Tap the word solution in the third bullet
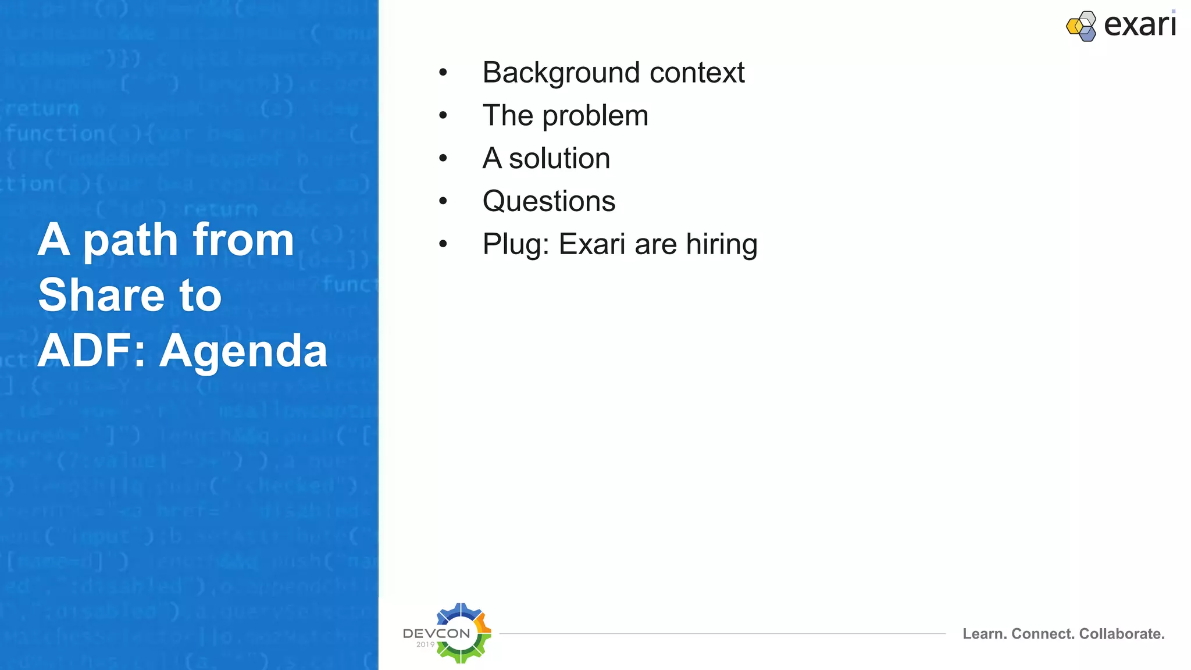pos(559,159)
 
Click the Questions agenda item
pos(548,202)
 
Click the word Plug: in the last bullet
pos(515,245)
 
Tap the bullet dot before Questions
pos(443,201)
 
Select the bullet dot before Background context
pos(443,73)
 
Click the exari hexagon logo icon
pos(1082,26)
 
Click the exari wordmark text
pos(1139,25)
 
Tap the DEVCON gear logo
pos(462,633)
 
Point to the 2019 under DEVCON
pos(425,644)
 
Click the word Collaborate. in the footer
pos(1122,634)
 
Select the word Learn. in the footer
pos(984,634)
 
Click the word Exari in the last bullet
pos(592,244)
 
